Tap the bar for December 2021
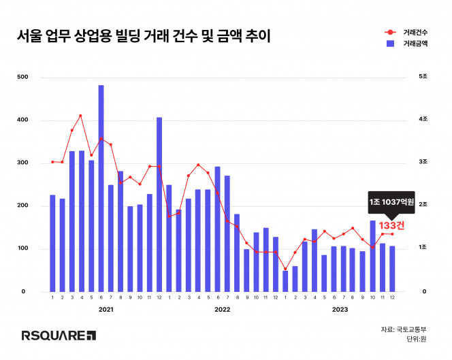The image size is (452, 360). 159,204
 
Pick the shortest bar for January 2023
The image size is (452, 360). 285,281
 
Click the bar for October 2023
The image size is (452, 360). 372,256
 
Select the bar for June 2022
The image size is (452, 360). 217,229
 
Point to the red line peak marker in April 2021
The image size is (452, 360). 81,116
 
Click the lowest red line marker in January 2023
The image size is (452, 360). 285,269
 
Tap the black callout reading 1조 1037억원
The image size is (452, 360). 391,203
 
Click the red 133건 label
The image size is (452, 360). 391,225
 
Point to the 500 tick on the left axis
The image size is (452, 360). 22,78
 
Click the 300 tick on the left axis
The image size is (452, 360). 22,163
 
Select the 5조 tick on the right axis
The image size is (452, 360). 423,78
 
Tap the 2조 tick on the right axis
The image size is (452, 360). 423,206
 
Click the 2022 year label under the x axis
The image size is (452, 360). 223,310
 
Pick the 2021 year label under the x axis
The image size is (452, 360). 106,310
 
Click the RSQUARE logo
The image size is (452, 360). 59,335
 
